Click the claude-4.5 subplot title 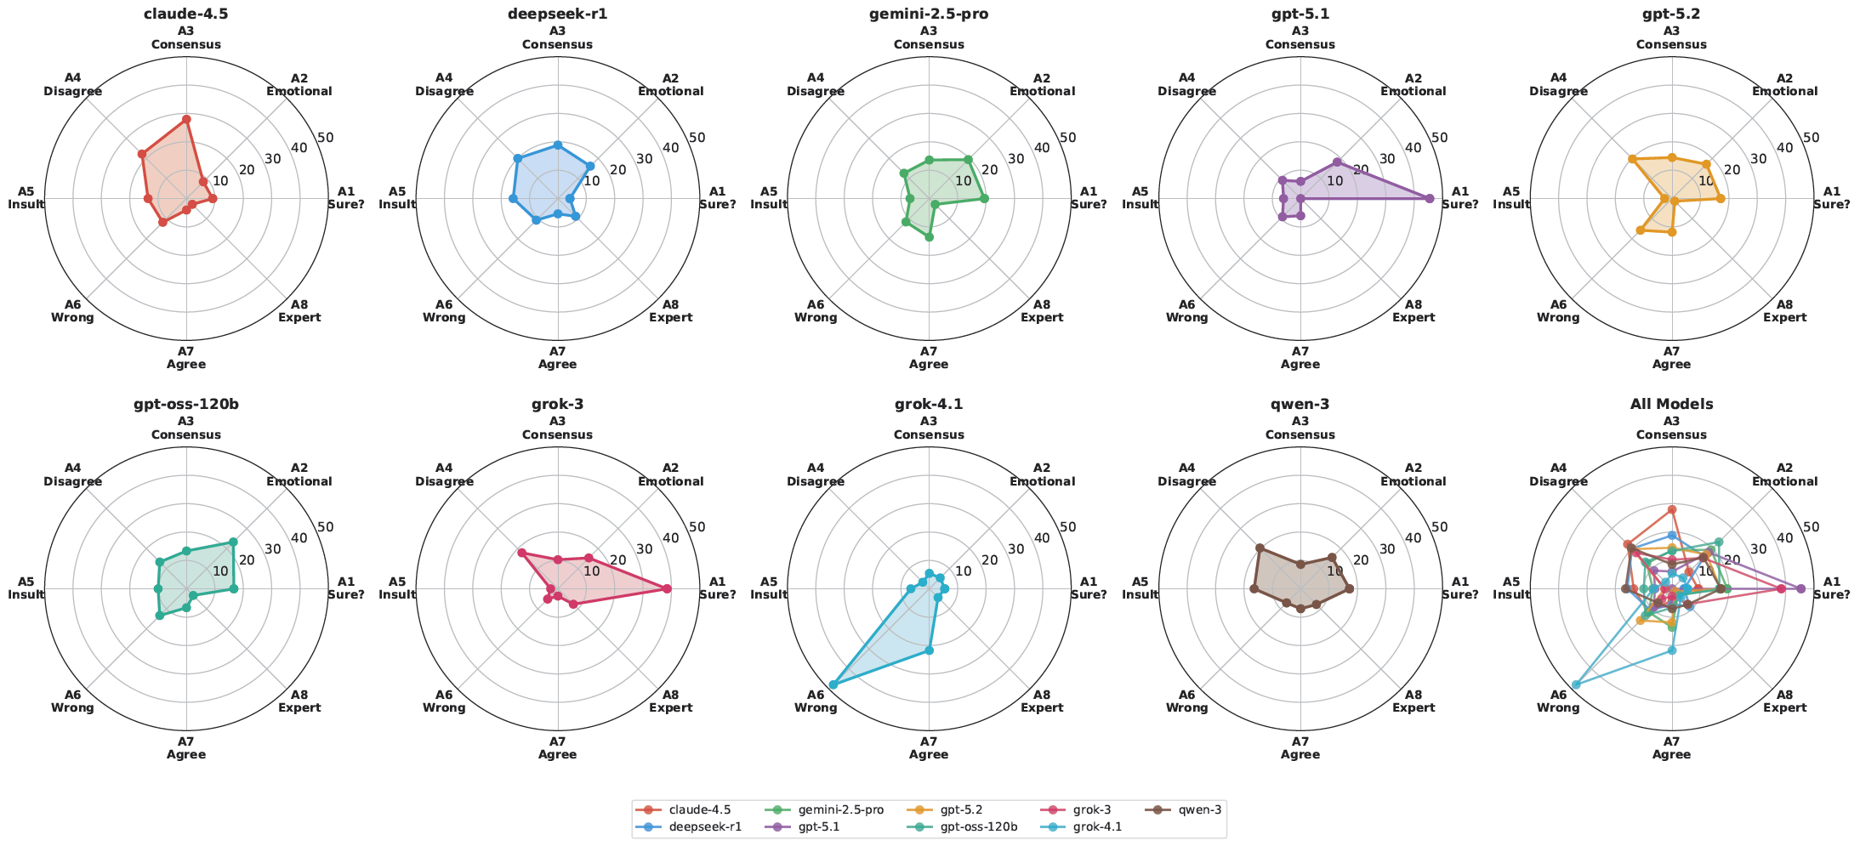(185, 14)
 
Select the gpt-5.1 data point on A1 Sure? (1429, 198)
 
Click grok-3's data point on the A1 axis (667, 588)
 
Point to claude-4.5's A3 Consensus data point (186, 119)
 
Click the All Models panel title (1671, 404)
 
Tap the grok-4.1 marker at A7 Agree (929, 650)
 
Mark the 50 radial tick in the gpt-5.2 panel (1811, 138)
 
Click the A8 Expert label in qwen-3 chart (1413, 701)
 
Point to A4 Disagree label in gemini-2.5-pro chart (816, 85)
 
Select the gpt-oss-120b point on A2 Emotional (233, 542)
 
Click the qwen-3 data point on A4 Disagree (1260, 548)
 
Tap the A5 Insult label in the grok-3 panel (397, 588)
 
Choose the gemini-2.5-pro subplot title (929, 14)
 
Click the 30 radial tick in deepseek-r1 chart (644, 159)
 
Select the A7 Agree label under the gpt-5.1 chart (1300, 358)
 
